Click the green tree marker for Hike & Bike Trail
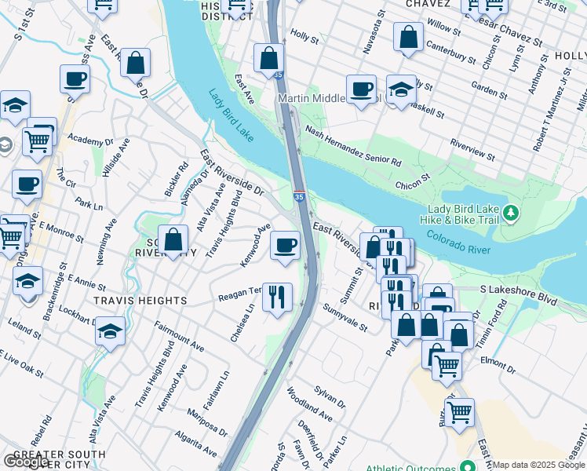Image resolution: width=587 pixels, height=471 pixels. [512, 213]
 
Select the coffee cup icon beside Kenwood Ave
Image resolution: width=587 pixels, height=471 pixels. [285, 245]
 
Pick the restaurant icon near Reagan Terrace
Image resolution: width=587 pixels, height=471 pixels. [277, 297]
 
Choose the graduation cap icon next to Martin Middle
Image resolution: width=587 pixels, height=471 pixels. [401, 89]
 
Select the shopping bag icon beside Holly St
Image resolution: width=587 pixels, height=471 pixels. [268, 57]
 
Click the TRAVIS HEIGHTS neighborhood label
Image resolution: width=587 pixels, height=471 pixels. [140, 301]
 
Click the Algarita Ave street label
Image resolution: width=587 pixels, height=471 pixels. [196, 447]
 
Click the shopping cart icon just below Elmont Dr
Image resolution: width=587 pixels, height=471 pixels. [447, 363]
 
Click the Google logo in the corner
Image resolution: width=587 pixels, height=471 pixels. [26, 462]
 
